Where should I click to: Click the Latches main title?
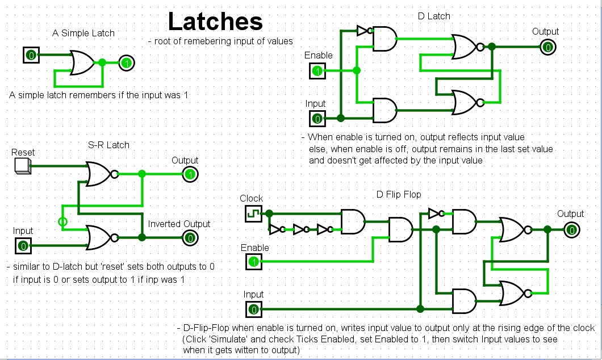click(215, 22)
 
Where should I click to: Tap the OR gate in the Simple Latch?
click(82, 62)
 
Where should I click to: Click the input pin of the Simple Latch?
click(31, 55)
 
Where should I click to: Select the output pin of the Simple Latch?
click(127, 62)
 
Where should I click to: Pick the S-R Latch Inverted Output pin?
click(190, 238)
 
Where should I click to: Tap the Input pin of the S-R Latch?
click(22, 245)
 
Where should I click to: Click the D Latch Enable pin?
click(317, 71)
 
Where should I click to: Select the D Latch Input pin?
click(317, 118)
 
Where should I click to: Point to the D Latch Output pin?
click(547, 47)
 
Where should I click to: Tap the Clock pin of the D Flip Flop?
click(252, 214)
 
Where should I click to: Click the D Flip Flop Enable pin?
click(254, 262)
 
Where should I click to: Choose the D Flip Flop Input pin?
click(254, 309)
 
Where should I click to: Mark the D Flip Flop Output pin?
click(571, 229)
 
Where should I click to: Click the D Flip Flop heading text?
click(399, 195)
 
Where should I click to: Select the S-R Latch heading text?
click(108, 145)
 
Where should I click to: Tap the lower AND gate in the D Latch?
click(384, 109)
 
